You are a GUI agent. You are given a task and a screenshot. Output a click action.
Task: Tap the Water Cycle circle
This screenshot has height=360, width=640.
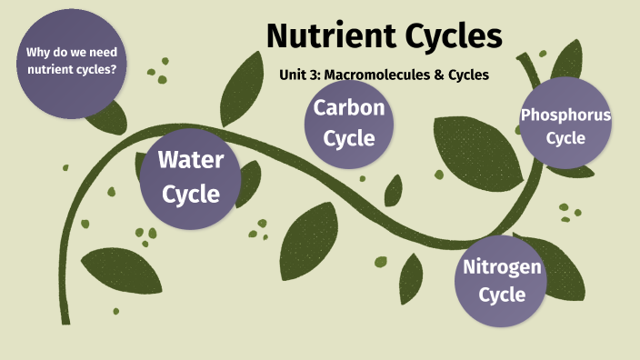coord(190,177)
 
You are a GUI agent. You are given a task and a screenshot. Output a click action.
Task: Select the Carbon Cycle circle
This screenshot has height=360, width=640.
coord(350,123)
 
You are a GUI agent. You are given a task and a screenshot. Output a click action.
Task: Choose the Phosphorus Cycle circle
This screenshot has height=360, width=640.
coord(565,126)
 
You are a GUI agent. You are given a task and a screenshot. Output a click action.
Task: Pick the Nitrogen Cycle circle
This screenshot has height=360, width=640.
coord(502,281)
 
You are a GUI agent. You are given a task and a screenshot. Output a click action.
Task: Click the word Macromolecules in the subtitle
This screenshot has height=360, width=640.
coord(372,75)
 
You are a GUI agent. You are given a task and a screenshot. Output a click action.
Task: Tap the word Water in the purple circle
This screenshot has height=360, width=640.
coord(190,160)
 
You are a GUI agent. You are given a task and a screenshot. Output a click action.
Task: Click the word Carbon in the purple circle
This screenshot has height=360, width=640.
coord(350,107)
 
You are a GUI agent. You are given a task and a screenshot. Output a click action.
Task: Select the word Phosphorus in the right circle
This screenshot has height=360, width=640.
coord(565,115)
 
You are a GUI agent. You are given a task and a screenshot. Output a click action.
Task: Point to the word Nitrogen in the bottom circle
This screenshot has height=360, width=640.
coord(502,266)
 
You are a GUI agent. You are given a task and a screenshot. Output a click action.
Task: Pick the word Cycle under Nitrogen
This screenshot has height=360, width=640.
coord(502,295)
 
